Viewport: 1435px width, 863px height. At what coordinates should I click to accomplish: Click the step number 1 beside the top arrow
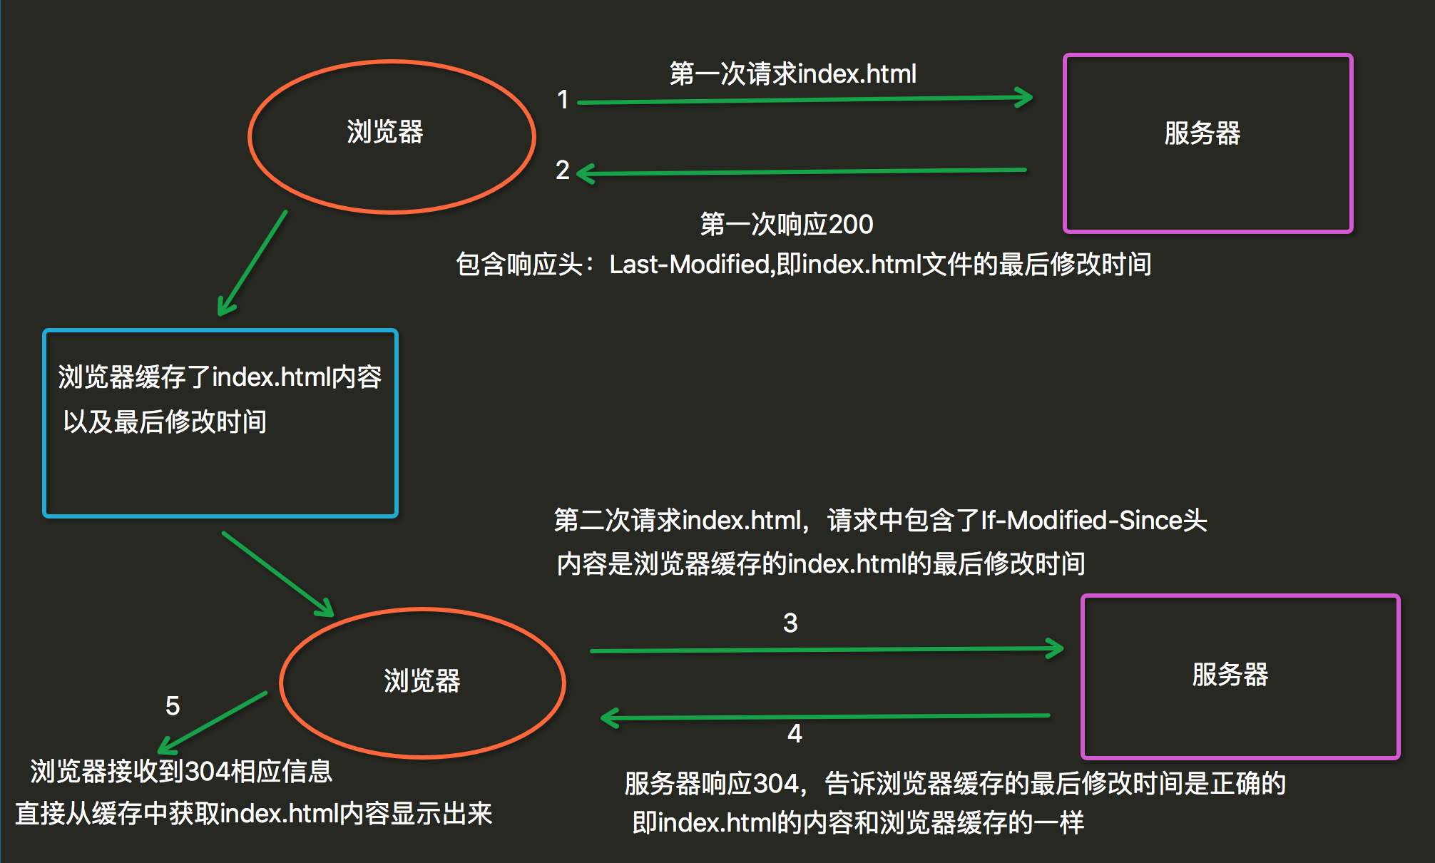click(x=563, y=100)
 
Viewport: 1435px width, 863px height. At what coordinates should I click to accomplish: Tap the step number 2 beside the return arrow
click(x=563, y=170)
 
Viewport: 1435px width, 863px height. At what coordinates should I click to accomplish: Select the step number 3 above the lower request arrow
click(x=790, y=623)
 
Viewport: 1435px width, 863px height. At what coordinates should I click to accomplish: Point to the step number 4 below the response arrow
click(x=795, y=734)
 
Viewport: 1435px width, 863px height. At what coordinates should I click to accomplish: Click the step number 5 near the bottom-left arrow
click(x=173, y=706)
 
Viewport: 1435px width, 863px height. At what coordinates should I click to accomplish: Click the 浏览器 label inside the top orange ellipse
click(x=385, y=133)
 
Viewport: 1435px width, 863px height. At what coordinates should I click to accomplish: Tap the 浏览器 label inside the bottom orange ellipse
click(x=422, y=681)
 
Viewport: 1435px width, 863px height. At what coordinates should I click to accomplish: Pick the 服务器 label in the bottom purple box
click(x=1230, y=675)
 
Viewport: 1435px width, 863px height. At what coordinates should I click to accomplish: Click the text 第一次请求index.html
click(x=792, y=74)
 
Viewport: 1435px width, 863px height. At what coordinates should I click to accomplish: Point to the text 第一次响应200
click(x=786, y=225)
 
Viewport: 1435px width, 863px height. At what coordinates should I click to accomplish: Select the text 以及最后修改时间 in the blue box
click(x=165, y=422)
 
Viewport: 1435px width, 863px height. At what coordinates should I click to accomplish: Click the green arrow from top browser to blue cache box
click(x=252, y=264)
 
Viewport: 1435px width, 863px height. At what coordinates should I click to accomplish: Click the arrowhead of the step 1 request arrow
click(x=1026, y=98)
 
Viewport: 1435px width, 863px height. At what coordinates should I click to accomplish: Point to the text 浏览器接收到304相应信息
click(x=181, y=772)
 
